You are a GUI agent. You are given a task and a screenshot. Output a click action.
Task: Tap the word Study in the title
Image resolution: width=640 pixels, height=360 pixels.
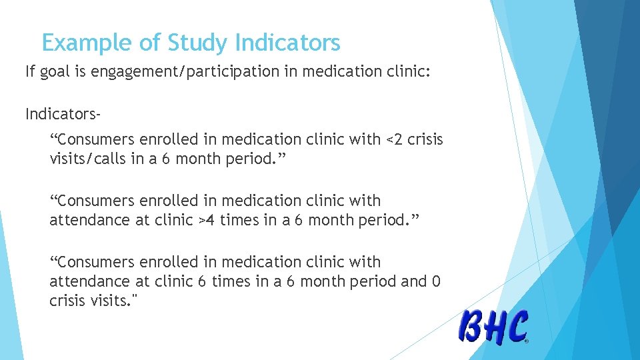pos(198,43)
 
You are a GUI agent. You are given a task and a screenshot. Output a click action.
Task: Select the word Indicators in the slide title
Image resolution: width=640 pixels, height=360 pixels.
pos(287,43)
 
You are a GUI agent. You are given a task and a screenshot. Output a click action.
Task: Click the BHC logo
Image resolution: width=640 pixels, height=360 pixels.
pos(493,327)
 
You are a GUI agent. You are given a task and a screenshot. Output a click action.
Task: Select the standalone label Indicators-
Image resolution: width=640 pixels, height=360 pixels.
pos(63,115)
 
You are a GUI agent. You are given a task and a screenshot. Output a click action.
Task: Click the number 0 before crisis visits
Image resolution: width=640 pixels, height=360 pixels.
pos(437,281)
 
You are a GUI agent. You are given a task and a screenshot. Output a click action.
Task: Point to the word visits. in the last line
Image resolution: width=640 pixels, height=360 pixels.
pos(114,301)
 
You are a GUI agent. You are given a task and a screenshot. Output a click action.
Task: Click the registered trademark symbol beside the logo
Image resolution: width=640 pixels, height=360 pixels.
pos(527,341)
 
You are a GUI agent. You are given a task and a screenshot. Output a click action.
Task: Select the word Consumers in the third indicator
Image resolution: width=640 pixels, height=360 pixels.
pos(98,262)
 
